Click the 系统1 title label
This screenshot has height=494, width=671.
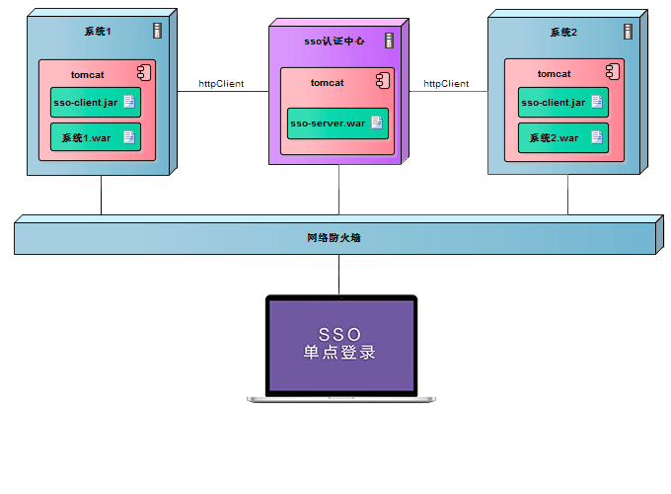coord(98,33)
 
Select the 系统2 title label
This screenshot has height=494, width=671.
coord(563,33)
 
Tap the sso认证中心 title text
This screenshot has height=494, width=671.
coord(335,41)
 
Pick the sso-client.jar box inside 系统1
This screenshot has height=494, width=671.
coord(96,103)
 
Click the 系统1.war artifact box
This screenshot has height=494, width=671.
coord(96,137)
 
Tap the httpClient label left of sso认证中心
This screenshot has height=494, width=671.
coord(221,84)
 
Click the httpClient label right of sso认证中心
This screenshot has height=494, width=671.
coord(446,84)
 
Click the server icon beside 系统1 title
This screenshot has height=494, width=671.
coord(158,32)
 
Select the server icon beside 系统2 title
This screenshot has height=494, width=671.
coord(625,32)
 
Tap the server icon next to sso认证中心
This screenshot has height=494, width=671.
coord(389,41)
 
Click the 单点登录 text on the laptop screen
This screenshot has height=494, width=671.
coord(339,353)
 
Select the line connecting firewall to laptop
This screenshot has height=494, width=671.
coord(338,274)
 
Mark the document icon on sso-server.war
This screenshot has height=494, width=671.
coord(376,123)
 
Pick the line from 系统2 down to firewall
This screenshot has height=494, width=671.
coord(567,195)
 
